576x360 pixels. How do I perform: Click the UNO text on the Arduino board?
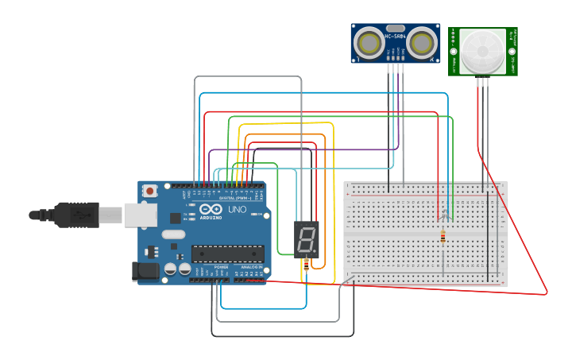tap(238, 209)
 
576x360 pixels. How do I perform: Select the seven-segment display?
tap(306, 240)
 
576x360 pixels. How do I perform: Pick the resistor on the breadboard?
tap(443, 237)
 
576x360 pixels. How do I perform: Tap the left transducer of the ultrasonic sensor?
tap(369, 41)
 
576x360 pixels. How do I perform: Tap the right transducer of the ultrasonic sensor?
tap(423, 41)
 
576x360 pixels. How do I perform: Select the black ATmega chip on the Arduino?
tap(227, 254)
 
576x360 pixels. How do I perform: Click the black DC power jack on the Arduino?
tap(145, 272)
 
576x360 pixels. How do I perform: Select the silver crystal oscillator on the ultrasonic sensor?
tap(396, 28)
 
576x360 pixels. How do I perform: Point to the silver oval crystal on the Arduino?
tap(172, 235)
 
